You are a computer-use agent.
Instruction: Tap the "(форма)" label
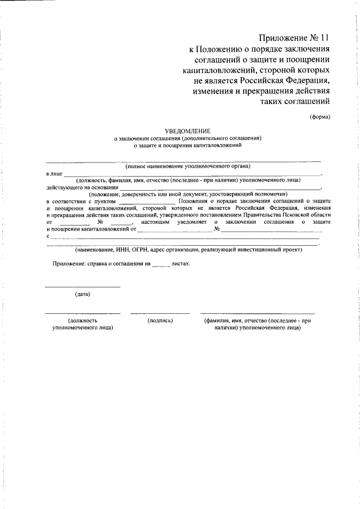(319, 117)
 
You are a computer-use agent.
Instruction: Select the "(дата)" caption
(82, 294)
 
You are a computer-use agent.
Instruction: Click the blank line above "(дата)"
(82, 287)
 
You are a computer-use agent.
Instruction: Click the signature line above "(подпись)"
(160, 313)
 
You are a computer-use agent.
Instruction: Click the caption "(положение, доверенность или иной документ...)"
(188, 194)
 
